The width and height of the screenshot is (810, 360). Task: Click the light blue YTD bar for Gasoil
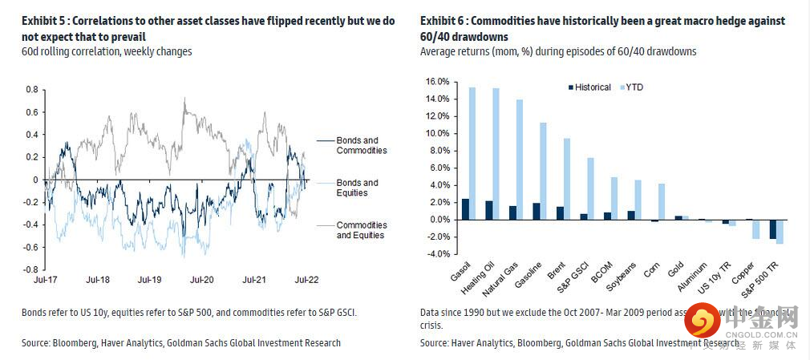[472, 153]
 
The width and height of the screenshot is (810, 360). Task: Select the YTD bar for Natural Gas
[519, 160]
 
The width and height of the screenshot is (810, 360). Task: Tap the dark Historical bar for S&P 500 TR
[772, 229]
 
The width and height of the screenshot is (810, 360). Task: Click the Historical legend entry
[593, 87]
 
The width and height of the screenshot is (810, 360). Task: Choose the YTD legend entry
[633, 87]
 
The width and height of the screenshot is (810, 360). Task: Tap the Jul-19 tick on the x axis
[150, 280]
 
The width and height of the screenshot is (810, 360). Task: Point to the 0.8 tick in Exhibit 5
[34, 90]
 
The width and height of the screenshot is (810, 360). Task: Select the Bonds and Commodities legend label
[361, 146]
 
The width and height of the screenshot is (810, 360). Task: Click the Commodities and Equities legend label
[361, 230]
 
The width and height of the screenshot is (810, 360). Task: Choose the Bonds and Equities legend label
[357, 188]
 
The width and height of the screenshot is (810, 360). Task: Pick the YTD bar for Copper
[755, 229]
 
